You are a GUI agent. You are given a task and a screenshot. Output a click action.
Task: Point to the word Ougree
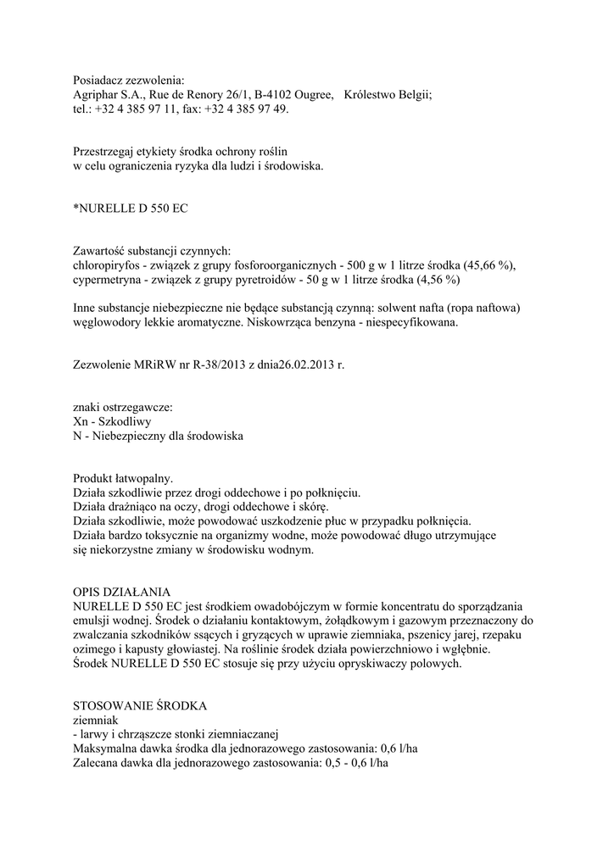[310, 96]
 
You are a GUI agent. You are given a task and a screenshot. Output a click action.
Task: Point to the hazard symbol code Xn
[81, 421]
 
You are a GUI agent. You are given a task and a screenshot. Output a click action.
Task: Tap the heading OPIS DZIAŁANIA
[123, 591]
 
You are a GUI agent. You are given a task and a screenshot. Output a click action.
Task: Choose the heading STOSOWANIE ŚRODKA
[140, 706]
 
